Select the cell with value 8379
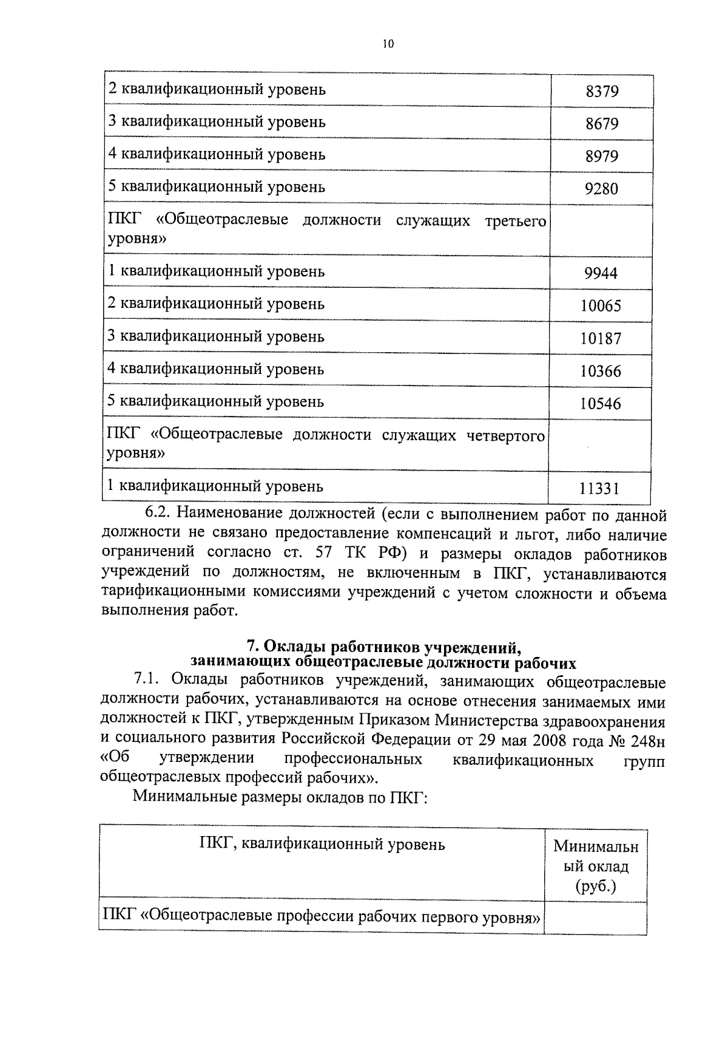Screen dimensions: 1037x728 point(602,92)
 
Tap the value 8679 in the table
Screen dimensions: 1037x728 point(602,124)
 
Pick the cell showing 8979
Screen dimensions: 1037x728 point(602,157)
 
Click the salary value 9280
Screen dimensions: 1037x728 point(601,189)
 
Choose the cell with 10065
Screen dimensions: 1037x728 point(601,306)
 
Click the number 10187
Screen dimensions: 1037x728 point(601,339)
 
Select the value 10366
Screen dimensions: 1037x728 point(601,371)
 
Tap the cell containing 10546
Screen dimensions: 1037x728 point(601,404)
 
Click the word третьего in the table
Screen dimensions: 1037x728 point(516,221)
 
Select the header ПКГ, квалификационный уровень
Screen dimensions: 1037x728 point(322,845)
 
